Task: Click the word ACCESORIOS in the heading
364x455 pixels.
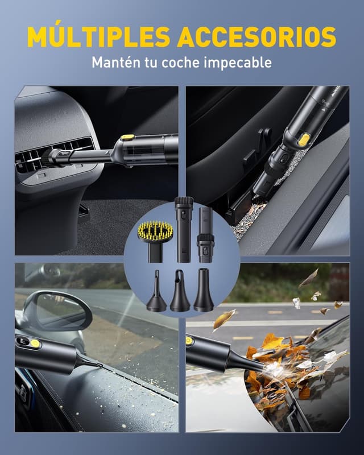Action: coord(257,37)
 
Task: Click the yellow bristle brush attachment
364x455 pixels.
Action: coord(155,240)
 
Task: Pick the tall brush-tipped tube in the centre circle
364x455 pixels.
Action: coord(184,229)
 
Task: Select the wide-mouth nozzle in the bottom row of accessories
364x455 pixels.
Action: coord(204,289)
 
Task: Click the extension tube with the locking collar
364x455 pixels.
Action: coord(205,235)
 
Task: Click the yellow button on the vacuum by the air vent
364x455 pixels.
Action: coord(127,137)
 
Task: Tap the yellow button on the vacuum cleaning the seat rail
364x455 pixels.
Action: coord(303,140)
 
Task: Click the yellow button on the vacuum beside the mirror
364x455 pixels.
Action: coord(35,344)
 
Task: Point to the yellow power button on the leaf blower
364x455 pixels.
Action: coord(189,340)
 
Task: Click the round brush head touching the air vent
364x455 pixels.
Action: coord(47,158)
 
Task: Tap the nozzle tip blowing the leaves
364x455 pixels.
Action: coord(263,367)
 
